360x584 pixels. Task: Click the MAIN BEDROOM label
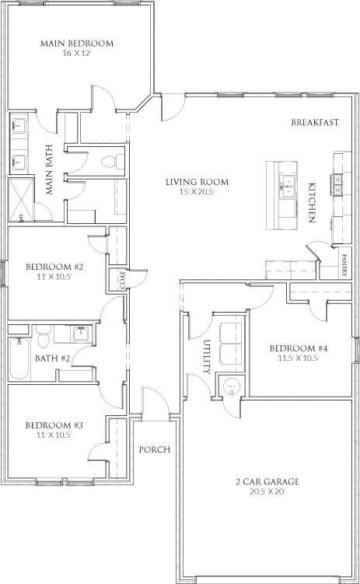point(77,44)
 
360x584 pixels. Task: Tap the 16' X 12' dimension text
point(77,54)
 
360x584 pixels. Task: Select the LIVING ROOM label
point(197,182)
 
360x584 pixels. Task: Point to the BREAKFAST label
point(315,122)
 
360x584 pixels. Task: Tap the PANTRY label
point(344,265)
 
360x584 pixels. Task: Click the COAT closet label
point(123,280)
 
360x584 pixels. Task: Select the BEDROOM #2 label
point(54,267)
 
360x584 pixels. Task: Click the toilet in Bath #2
point(44,335)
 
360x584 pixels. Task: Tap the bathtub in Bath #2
point(19,358)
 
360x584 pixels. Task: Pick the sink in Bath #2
point(81,334)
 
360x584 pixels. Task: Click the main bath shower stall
point(21,201)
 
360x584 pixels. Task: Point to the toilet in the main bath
point(113,161)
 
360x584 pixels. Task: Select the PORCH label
point(155,449)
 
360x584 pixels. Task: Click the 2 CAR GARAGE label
point(267,481)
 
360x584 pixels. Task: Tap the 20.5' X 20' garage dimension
point(267,491)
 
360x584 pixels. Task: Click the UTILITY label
point(208,357)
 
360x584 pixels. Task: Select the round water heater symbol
point(232,387)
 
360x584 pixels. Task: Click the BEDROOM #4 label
point(299,348)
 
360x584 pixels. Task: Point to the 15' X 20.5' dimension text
point(197,192)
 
